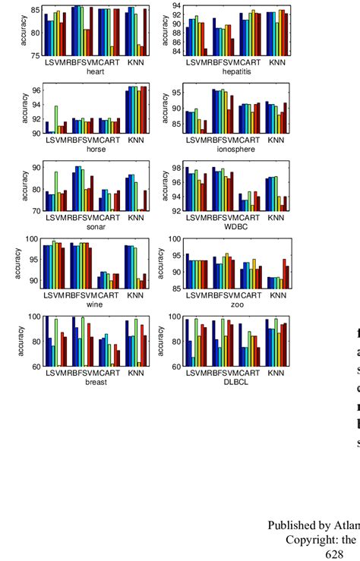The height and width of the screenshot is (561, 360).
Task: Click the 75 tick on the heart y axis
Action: (x=36, y=55)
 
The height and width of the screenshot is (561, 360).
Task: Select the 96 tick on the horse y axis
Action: (x=36, y=90)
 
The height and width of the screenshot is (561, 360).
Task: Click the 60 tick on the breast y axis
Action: (x=36, y=366)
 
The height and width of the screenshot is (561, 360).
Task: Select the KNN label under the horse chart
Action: (x=135, y=140)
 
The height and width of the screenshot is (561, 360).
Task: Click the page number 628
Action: (x=334, y=555)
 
